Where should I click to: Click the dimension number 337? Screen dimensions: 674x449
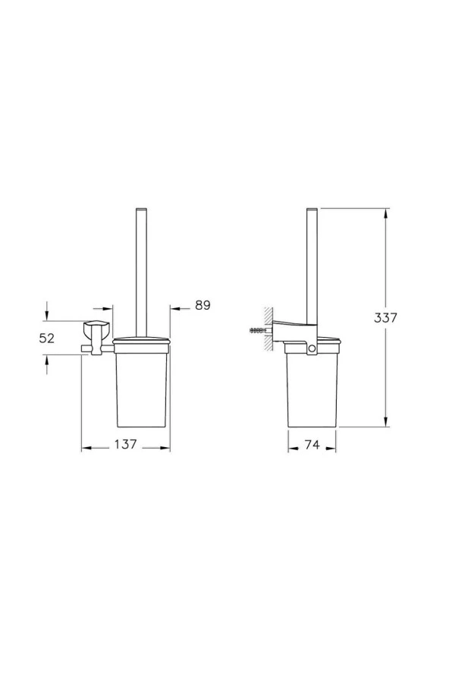[x=385, y=318]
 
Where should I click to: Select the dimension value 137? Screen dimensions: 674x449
[x=126, y=446]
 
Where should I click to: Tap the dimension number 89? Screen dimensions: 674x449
[x=202, y=305]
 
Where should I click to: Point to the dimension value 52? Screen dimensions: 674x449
[x=47, y=339]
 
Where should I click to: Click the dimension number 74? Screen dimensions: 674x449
[x=312, y=446]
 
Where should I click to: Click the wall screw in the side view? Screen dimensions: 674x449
[x=259, y=331]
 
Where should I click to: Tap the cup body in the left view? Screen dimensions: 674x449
[x=141, y=387]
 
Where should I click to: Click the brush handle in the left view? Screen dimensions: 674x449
[x=141, y=266]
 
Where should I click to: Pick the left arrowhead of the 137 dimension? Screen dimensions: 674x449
[x=86, y=447]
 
